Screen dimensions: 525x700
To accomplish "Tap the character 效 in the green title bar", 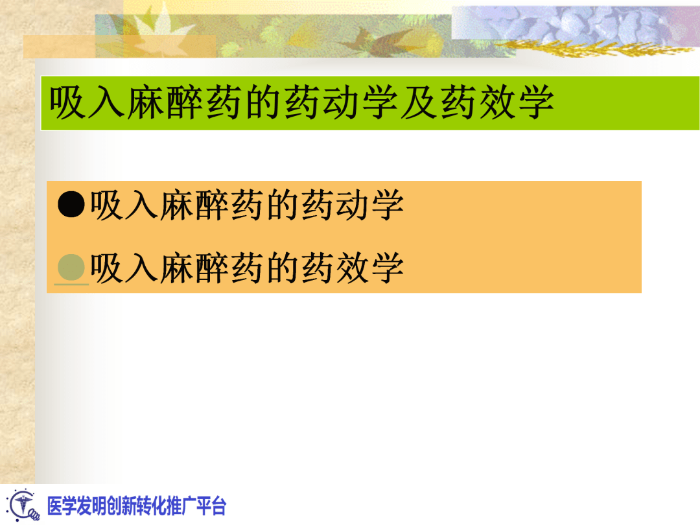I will click(x=497, y=103).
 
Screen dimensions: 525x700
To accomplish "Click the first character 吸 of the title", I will click(x=69, y=103).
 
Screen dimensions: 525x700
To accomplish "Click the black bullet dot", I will click(x=71, y=205).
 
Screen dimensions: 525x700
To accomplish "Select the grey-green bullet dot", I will click(x=71, y=266).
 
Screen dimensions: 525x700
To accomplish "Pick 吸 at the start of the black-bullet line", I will click(x=107, y=205).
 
